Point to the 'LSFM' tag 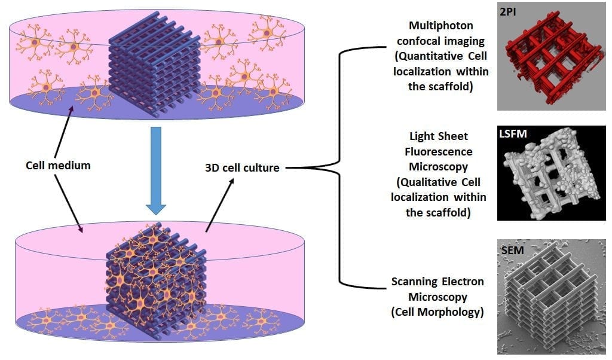pos(512,133)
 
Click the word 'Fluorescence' pos(438,151)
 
